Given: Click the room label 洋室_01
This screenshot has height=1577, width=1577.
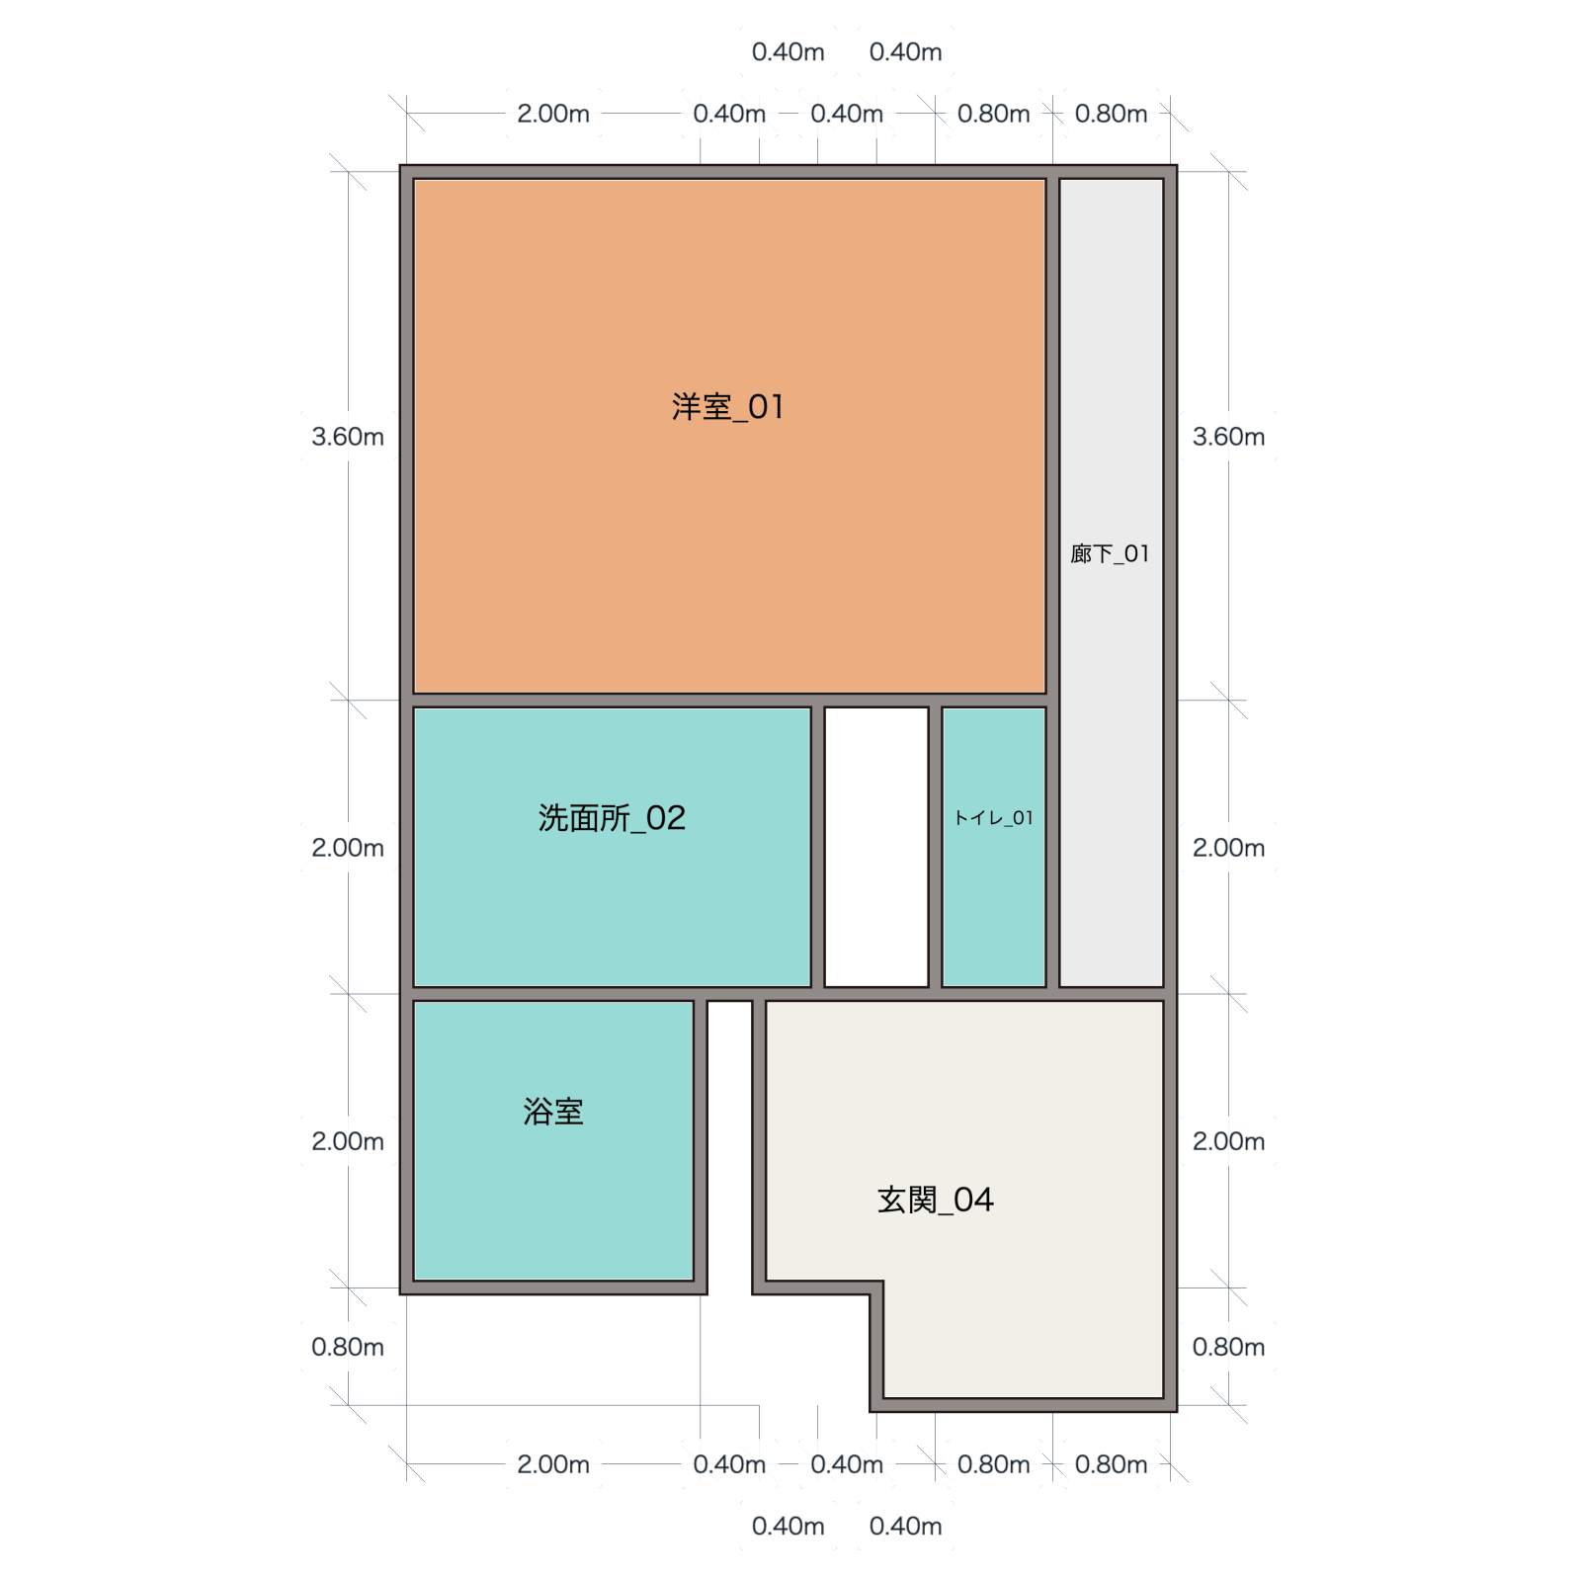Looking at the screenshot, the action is click(728, 407).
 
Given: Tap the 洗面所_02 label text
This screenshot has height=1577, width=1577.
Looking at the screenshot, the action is click(612, 818).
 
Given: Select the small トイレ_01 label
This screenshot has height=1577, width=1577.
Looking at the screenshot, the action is click(993, 818).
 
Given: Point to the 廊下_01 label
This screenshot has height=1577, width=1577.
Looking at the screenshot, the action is click(1111, 553).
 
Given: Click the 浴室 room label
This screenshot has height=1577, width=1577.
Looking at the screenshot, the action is click(553, 1112).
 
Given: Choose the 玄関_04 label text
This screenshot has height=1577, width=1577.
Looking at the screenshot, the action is click(935, 1200).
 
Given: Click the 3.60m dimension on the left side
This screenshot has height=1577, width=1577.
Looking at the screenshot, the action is click(348, 437).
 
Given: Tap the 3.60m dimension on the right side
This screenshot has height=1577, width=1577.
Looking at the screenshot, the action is click(1228, 437).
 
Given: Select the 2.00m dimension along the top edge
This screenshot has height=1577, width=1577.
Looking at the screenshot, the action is click(553, 114).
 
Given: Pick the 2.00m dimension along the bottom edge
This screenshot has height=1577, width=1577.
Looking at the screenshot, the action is click(553, 1464).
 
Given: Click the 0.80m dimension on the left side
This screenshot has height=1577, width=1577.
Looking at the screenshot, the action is click(348, 1347).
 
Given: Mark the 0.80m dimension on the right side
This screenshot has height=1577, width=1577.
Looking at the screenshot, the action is click(1228, 1347).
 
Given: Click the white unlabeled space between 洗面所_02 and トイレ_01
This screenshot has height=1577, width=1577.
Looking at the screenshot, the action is click(876, 847).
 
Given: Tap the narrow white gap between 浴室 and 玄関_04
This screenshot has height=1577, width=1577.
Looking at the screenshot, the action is click(729, 1146).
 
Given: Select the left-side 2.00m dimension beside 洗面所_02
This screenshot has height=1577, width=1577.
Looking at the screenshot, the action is click(348, 848).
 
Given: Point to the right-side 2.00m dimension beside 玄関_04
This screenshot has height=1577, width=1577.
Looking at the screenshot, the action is click(1228, 1141).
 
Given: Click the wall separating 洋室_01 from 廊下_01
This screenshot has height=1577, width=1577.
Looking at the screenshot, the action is click(1052, 436).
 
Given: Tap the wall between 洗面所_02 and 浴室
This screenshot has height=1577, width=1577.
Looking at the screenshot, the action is click(553, 994).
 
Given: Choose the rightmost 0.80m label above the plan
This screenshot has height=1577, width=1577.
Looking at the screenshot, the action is click(1111, 114).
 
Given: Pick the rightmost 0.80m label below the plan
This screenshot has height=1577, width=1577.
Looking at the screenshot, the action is click(1111, 1464).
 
